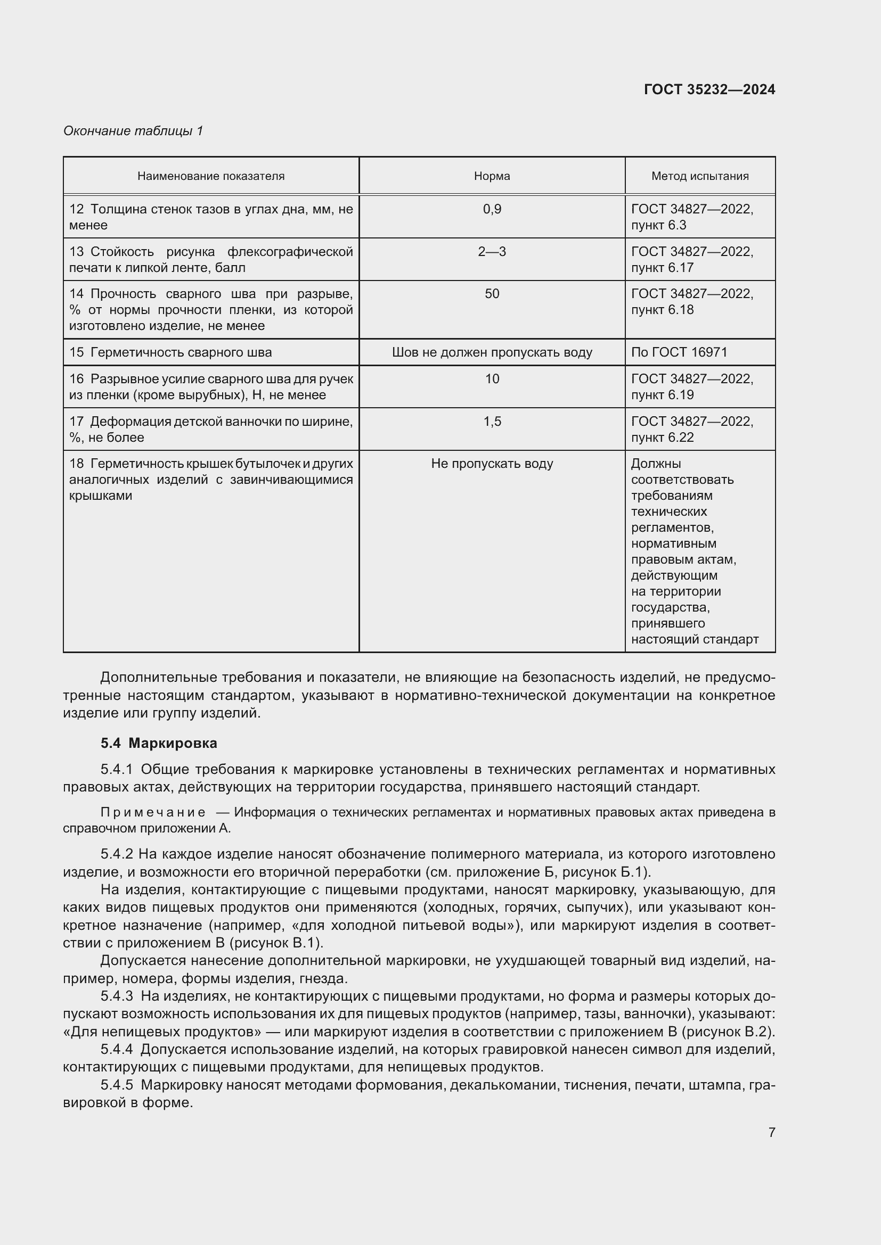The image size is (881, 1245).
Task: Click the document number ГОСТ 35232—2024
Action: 709,89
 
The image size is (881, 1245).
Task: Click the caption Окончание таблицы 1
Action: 133,131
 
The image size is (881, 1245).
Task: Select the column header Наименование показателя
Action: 210,176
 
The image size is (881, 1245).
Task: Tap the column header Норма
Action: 492,176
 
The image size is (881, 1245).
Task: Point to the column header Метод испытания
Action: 699,176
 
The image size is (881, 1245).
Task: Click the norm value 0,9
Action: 492,209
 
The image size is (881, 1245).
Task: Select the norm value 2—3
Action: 492,252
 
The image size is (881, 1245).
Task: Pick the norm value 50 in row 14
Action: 492,294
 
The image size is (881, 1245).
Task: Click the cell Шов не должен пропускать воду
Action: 492,352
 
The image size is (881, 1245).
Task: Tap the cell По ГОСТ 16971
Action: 679,352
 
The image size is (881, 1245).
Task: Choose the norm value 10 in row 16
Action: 492,379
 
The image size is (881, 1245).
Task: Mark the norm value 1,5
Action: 492,422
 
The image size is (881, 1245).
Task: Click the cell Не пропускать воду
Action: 492,464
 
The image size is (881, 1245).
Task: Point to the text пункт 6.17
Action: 662,268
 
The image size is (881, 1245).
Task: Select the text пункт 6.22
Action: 662,438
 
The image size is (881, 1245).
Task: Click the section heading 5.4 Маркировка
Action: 158,743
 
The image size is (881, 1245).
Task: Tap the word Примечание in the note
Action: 153,812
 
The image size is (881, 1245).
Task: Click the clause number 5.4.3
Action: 116,996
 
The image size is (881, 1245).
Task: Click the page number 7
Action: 771,1132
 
